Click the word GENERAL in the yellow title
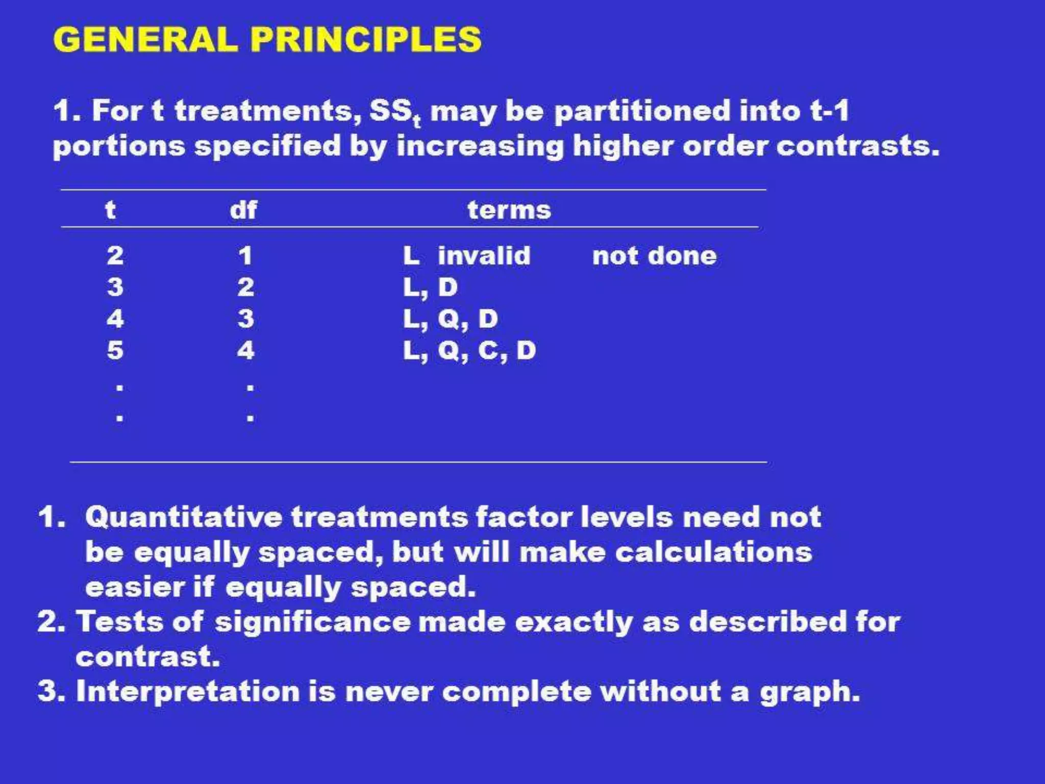[145, 39]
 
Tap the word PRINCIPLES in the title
[366, 39]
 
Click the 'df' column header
[243, 210]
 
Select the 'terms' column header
[509, 210]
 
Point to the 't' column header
[110, 210]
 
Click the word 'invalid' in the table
[484, 256]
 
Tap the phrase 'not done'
[654, 256]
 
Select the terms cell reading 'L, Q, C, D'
[469, 351]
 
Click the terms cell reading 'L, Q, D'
[450, 319]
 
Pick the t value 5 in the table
[115, 351]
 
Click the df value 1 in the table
[245, 256]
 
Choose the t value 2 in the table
[115, 256]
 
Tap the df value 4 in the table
[245, 351]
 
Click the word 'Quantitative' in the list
[183, 517]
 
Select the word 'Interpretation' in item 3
[187, 692]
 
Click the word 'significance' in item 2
[312, 622]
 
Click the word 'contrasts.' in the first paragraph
[857, 146]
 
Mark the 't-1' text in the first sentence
[829, 111]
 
